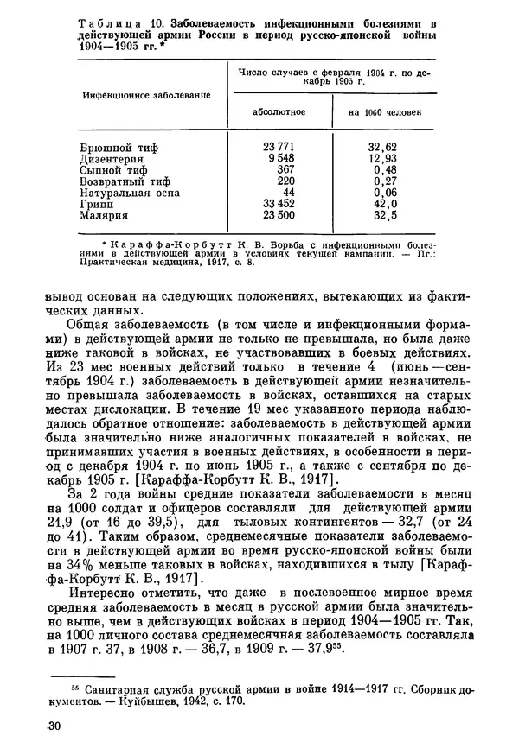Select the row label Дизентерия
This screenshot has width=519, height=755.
[112, 160]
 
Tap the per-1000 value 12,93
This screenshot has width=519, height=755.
[381, 160]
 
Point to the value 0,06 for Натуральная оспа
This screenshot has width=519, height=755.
[381, 194]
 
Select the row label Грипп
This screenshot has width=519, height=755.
[98, 206]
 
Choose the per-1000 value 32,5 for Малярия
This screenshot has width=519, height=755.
[381, 217]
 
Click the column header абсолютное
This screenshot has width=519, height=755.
[278, 111]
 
